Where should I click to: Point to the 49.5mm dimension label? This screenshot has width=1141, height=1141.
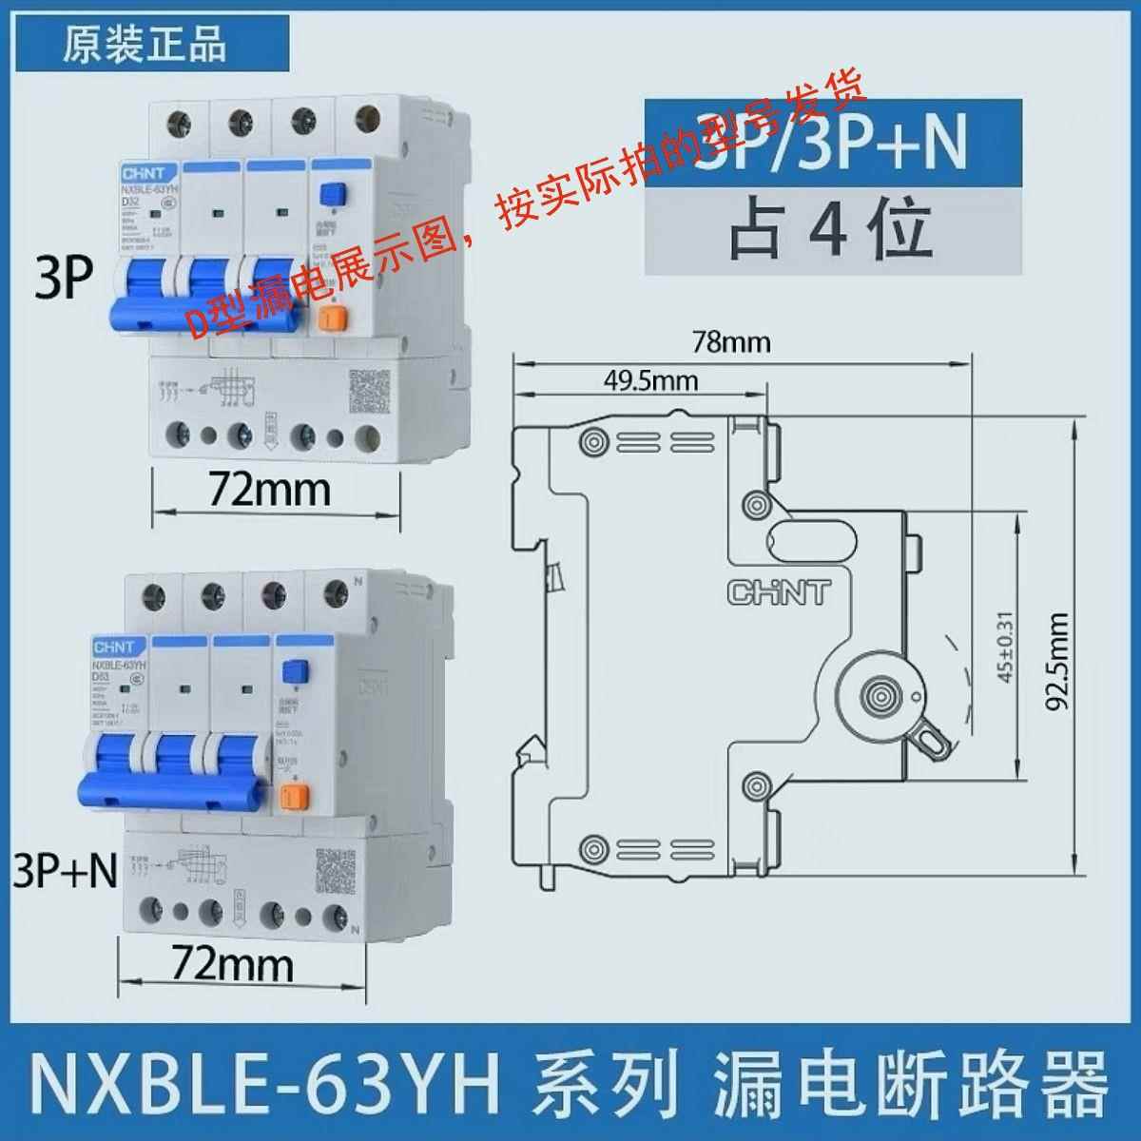coord(650,382)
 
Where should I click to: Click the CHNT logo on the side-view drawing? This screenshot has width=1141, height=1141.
coord(778,591)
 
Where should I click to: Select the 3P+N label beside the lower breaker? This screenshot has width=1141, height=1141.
coord(65,871)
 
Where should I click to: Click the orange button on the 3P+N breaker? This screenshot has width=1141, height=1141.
coord(295,795)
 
